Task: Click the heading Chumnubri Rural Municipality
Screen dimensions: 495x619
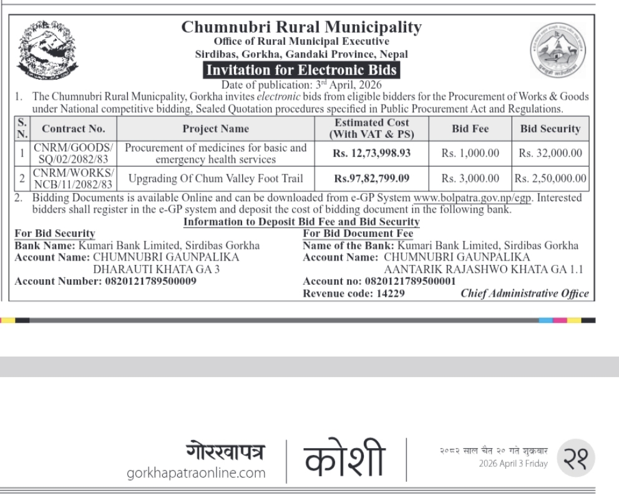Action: point(301,27)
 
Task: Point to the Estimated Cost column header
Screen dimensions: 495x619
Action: point(372,129)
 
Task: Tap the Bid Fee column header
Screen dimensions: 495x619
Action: point(470,129)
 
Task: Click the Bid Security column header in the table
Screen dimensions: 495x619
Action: point(550,129)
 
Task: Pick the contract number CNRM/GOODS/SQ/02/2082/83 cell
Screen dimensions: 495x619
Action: point(74,153)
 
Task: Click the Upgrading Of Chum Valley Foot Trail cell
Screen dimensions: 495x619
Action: point(215,179)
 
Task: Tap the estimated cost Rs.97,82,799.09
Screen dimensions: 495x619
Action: point(372,179)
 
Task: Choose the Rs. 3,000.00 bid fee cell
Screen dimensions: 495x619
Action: point(470,179)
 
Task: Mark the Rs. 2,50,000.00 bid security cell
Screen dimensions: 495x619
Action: point(550,179)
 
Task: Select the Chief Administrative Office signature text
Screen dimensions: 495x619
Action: point(524,294)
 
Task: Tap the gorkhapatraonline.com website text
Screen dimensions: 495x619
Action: point(196,473)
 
